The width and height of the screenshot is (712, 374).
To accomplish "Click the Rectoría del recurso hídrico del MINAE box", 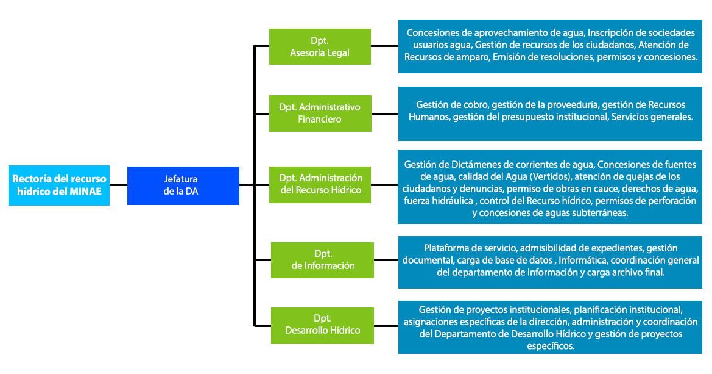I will [59, 185].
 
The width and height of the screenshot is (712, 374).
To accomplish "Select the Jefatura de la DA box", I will [183, 185].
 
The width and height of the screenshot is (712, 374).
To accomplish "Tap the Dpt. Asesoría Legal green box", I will [320, 46].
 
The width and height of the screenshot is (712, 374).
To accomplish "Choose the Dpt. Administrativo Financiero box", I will [320, 113].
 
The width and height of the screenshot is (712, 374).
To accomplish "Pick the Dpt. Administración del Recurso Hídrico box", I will [320, 184].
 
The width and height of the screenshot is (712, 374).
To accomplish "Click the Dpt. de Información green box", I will [322, 259].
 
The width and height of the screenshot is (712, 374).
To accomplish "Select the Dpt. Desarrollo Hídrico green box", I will [322, 324].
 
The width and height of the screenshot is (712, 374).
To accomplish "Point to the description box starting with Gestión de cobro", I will [551, 113].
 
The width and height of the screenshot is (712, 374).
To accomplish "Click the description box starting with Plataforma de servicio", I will [551, 261].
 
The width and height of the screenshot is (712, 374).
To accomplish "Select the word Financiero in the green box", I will [320, 119].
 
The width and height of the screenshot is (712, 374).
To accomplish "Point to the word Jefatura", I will [181, 179].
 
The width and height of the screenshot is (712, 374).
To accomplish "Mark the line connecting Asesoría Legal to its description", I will [384, 46].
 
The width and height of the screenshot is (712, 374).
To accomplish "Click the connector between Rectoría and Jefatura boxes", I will [118, 185].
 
